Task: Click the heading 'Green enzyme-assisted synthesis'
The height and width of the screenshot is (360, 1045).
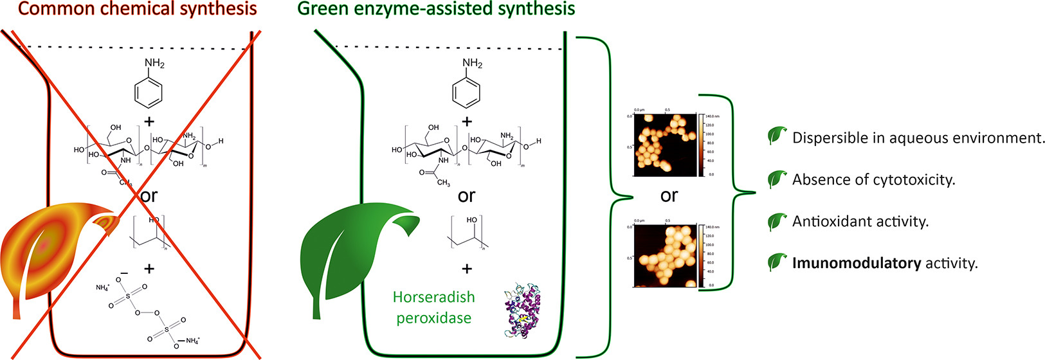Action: [x=436, y=9]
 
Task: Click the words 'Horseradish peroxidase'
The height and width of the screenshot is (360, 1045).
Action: [x=433, y=307]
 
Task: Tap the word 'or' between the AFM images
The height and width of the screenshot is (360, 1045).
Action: [x=669, y=195]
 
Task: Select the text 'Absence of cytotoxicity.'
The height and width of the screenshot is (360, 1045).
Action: [x=873, y=180]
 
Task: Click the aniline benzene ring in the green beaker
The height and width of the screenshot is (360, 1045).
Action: [x=467, y=93]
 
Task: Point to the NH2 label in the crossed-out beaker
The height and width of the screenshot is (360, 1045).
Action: [x=154, y=63]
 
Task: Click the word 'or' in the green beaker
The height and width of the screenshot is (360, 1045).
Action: [x=466, y=195]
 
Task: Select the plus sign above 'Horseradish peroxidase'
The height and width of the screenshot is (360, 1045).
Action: [x=467, y=268]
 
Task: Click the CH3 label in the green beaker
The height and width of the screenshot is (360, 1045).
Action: [x=443, y=183]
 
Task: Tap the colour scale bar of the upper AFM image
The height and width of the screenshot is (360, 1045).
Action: [x=702, y=146]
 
